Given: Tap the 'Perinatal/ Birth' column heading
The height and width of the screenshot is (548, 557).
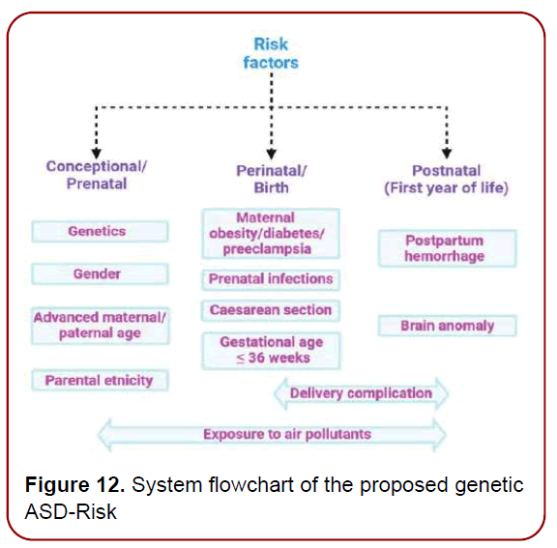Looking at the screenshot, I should click(271, 179).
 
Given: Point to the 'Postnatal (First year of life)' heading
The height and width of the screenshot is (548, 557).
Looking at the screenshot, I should click(446, 179).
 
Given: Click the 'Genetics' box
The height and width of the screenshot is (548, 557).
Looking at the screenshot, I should click(99, 232).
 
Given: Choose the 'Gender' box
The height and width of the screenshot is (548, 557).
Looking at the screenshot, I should click(99, 274).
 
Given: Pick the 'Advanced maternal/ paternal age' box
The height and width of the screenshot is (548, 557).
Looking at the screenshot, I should click(101, 326).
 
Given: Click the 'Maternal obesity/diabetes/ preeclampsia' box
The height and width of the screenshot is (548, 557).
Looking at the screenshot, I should click(271, 234).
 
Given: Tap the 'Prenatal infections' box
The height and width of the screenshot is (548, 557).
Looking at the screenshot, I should click(271, 279).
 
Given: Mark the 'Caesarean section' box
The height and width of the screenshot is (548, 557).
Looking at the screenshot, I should click(271, 311).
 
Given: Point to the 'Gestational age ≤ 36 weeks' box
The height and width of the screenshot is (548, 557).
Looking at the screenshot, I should click(271, 350).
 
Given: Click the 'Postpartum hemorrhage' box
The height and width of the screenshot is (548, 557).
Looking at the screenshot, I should click(446, 248).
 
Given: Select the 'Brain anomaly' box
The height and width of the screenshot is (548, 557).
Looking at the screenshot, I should click(446, 327).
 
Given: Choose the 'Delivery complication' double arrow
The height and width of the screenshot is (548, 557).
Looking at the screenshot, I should click(361, 393).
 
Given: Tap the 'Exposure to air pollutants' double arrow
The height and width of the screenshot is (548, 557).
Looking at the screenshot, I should click(274, 434).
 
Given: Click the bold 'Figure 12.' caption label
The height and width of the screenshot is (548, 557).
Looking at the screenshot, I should click(74, 485).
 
